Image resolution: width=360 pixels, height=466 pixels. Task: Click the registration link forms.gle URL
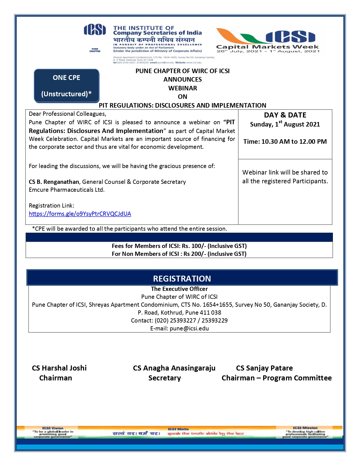80,214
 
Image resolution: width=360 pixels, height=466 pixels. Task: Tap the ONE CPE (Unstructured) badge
67,86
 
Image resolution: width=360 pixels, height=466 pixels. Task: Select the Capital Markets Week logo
268,40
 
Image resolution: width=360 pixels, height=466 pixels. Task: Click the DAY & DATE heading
285,115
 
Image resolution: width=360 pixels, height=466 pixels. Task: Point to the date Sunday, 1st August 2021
285,124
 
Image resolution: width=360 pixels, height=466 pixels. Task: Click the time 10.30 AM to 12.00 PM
294,141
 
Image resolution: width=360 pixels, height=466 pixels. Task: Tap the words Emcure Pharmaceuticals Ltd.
67,190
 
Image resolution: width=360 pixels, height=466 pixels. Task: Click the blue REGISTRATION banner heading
182,278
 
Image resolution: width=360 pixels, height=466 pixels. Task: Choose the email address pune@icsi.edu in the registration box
189,328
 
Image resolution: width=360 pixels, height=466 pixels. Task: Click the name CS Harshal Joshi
59,368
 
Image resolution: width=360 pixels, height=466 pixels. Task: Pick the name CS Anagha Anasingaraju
174,368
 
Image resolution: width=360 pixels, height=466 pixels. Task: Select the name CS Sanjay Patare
264,368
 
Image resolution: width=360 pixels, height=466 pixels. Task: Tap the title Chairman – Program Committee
276,378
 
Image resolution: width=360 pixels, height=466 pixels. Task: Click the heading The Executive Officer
179,289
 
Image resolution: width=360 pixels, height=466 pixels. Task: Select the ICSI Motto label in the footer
178,429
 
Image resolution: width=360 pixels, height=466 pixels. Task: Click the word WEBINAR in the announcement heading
183,88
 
